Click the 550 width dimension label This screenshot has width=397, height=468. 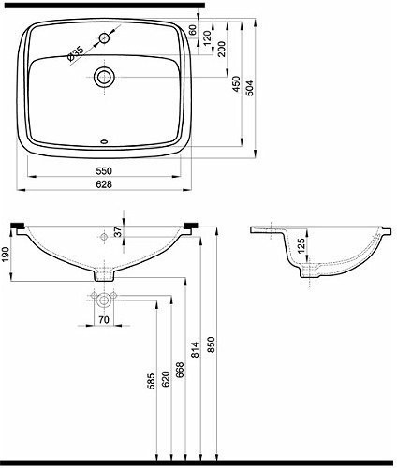click(104, 170)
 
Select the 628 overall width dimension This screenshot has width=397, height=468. click(104, 186)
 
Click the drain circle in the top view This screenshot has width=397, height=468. click(104, 78)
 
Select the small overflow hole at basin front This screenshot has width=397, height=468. click(104, 144)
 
